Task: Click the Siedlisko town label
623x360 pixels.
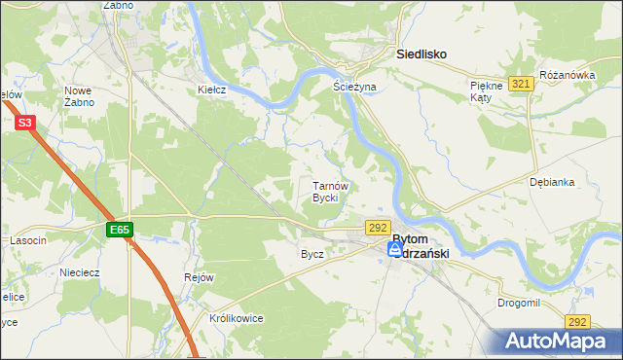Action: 421,55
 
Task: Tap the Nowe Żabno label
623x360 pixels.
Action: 78,95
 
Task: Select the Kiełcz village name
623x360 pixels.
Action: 211,90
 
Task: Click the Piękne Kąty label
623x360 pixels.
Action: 485,90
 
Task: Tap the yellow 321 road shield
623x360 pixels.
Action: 521,85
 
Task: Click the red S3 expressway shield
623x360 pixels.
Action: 25,123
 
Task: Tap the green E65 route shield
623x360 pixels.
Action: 119,230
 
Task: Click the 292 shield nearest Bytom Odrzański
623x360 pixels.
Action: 379,227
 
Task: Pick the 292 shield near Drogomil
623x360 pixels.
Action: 577,322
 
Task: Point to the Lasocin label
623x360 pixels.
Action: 28,240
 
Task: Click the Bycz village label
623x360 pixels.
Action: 312,254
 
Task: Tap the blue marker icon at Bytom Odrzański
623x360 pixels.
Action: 395,249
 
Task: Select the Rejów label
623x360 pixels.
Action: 199,277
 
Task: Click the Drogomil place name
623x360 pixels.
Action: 518,303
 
